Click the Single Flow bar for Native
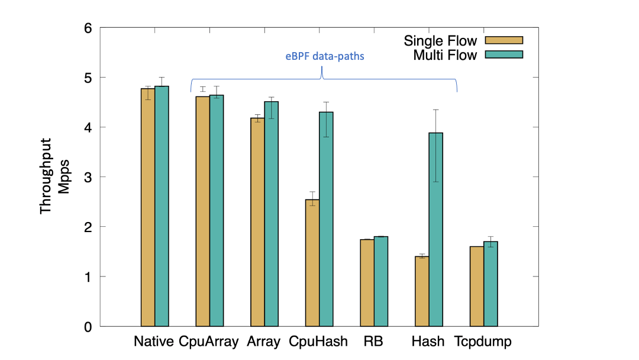point(148,207)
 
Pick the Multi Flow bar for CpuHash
point(327,219)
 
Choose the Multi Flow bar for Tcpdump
point(490,284)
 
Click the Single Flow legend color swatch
point(504,40)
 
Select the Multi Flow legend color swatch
point(504,55)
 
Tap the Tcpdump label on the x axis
point(483,342)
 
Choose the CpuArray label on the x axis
point(209,342)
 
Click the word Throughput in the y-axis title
point(46,177)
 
